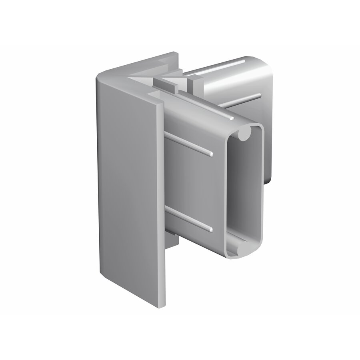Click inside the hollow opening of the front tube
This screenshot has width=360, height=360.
(244, 192)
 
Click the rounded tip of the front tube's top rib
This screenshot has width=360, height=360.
(231, 119)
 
